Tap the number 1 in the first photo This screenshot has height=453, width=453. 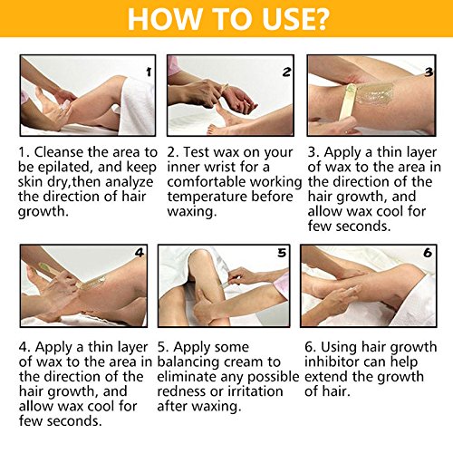click(x=149, y=72)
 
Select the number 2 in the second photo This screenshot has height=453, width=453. click(x=286, y=72)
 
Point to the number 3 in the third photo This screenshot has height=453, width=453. click(x=429, y=72)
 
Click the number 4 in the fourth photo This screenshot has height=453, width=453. click(x=140, y=253)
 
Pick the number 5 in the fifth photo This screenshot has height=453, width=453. click(x=282, y=253)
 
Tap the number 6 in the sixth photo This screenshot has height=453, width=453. click(x=428, y=253)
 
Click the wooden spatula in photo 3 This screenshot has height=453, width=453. click(x=347, y=104)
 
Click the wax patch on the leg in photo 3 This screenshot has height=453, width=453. click(x=374, y=93)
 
